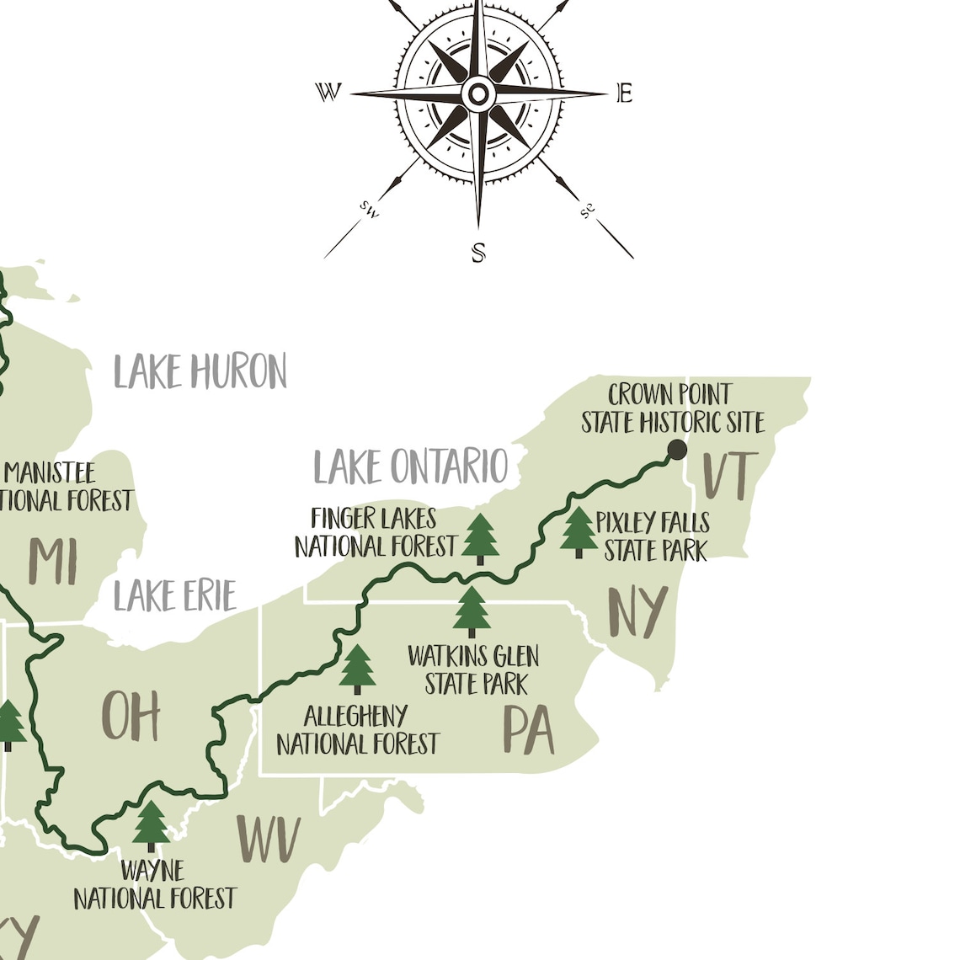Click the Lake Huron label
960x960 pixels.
pos(200,371)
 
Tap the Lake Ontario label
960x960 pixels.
pos(411,467)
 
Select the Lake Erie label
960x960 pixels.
pos(174,596)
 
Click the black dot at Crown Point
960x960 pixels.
pos(677,450)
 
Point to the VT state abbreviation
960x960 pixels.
pos(730,476)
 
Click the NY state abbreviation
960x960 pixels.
pos(637,612)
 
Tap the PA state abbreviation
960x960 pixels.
pos(529,729)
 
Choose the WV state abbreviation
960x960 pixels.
pos(268,840)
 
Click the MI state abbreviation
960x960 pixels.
pos(54,561)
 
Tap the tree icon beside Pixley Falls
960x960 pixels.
pos(579,532)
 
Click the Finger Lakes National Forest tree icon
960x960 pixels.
pos(480,539)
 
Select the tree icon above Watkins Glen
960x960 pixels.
pos(472,612)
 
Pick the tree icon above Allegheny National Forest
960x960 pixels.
pos(358,669)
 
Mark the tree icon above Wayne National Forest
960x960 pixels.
pos(152,826)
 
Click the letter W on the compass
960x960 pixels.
pos(328,92)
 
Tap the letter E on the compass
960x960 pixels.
pos(624,93)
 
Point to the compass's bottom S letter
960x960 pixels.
pos(478,252)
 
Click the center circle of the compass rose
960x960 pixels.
pos(477,94)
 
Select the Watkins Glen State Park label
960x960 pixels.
pos(473,670)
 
